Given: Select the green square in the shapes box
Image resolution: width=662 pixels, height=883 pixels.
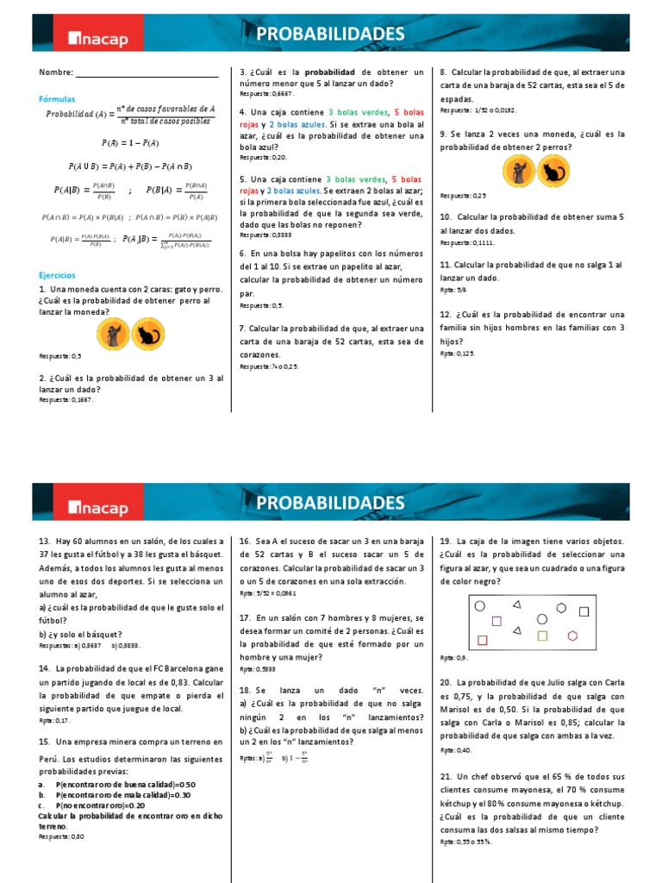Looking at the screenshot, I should click(542, 636).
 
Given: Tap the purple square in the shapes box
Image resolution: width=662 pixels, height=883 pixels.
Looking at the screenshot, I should click(496, 620).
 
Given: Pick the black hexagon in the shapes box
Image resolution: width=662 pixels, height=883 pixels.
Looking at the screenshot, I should click(561, 607).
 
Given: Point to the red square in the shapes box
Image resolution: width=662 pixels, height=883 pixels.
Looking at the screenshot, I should click(482, 640).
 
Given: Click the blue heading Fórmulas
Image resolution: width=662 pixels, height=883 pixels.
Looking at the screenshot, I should click(57, 99).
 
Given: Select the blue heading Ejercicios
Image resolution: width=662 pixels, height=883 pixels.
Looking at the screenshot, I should click(57, 275).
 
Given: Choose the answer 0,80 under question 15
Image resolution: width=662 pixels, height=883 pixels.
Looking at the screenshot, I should click(77, 836).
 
